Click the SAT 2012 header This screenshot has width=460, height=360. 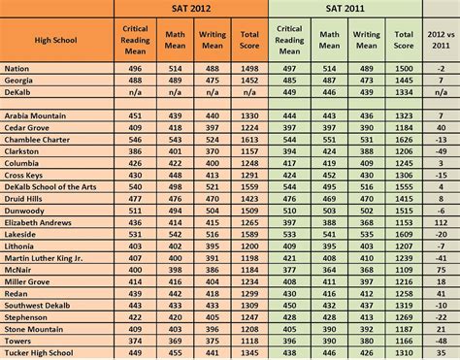pyautogui.click(x=190, y=8)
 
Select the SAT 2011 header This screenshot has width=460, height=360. pyautogui.click(x=345, y=8)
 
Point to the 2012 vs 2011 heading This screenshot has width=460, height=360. pyautogui.click(x=441, y=40)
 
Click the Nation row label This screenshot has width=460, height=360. pyautogui.click(x=17, y=70)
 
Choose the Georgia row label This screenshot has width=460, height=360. pyautogui.click(x=19, y=82)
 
